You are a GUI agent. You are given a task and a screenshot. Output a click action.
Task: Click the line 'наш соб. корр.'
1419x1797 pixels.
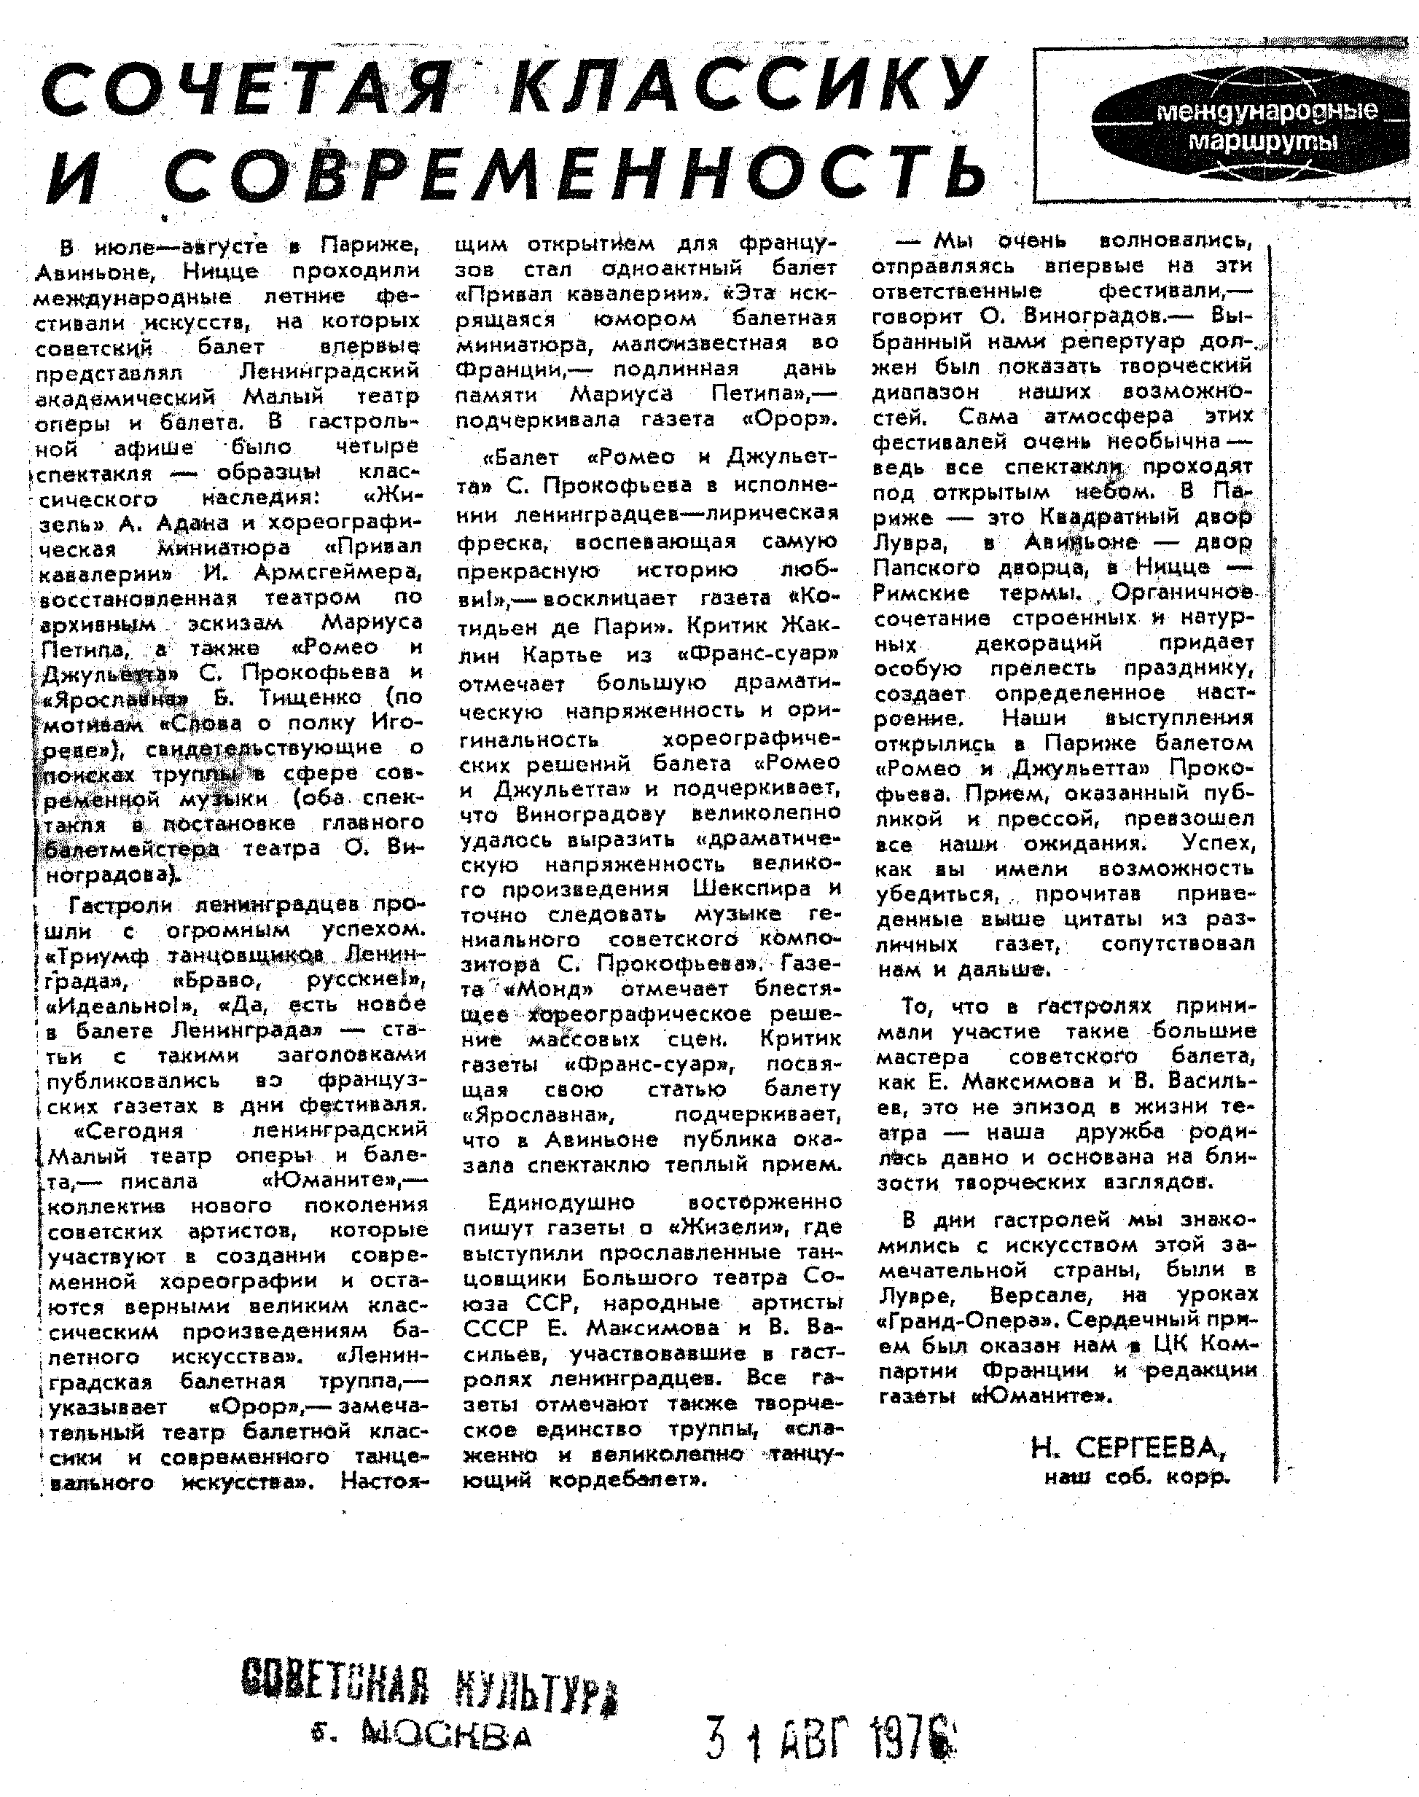click(x=1135, y=1477)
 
